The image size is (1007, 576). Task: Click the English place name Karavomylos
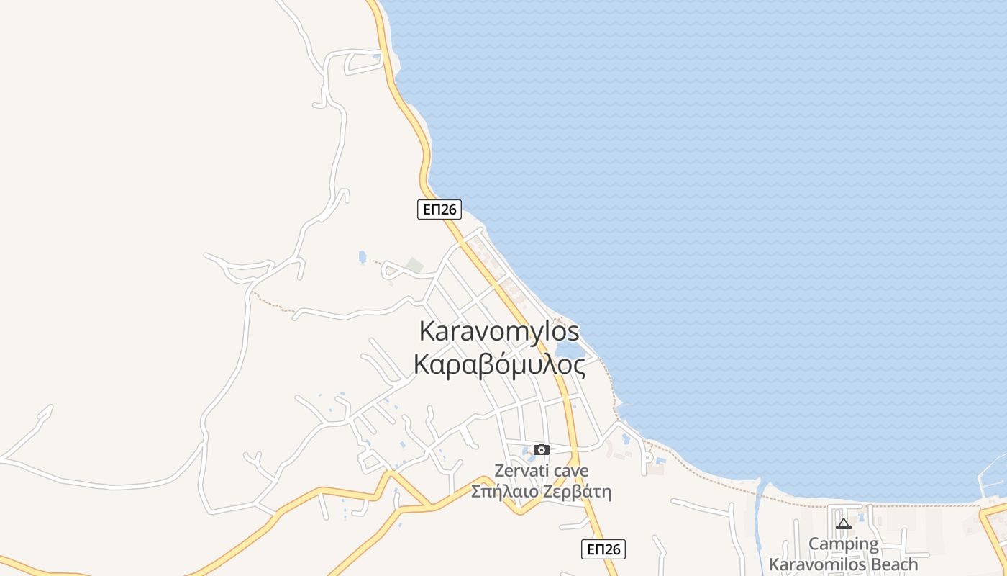pyautogui.click(x=499, y=332)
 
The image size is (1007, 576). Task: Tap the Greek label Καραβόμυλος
pyautogui.click(x=499, y=365)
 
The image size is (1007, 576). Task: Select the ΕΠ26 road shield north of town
pyautogui.click(x=439, y=209)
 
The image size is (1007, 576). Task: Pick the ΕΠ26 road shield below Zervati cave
pyautogui.click(x=603, y=549)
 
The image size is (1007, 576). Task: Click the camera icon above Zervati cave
pyautogui.click(x=542, y=450)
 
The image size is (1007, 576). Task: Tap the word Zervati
pyautogui.click(x=523, y=471)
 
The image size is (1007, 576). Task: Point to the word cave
pyautogui.click(x=570, y=471)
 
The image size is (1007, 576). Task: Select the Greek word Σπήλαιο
pyautogui.click(x=503, y=492)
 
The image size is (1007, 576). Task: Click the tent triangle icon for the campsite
pyautogui.click(x=844, y=523)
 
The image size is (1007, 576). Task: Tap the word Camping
pyautogui.click(x=844, y=544)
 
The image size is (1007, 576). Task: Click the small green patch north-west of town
pyautogui.click(x=414, y=265)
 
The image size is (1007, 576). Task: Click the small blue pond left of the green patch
pyautogui.click(x=363, y=257)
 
